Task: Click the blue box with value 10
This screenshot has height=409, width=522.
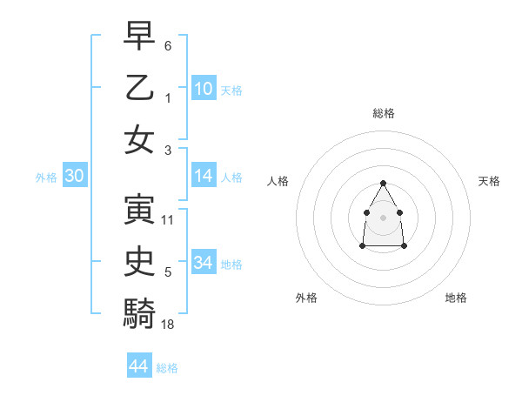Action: tap(204, 88)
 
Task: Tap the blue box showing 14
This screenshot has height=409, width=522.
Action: tap(204, 176)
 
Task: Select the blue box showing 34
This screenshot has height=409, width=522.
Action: tap(204, 262)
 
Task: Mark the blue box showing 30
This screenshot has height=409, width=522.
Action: tap(75, 176)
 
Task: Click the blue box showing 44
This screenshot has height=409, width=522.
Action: tap(139, 366)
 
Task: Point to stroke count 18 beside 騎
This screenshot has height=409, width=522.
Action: tap(168, 324)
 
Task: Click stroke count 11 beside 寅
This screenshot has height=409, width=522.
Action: tap(168, 219)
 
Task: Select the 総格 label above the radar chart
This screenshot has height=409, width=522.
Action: tap(384, 113)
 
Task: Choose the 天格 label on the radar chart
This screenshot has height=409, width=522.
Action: tap(490, 181)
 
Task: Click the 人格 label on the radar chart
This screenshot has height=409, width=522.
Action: tap(278, 181)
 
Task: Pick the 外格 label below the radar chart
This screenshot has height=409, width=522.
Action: tap(306, 298)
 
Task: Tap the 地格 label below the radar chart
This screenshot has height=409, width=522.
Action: tap(456, 298)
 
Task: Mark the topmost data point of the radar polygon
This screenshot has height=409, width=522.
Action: tap(384, 183)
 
